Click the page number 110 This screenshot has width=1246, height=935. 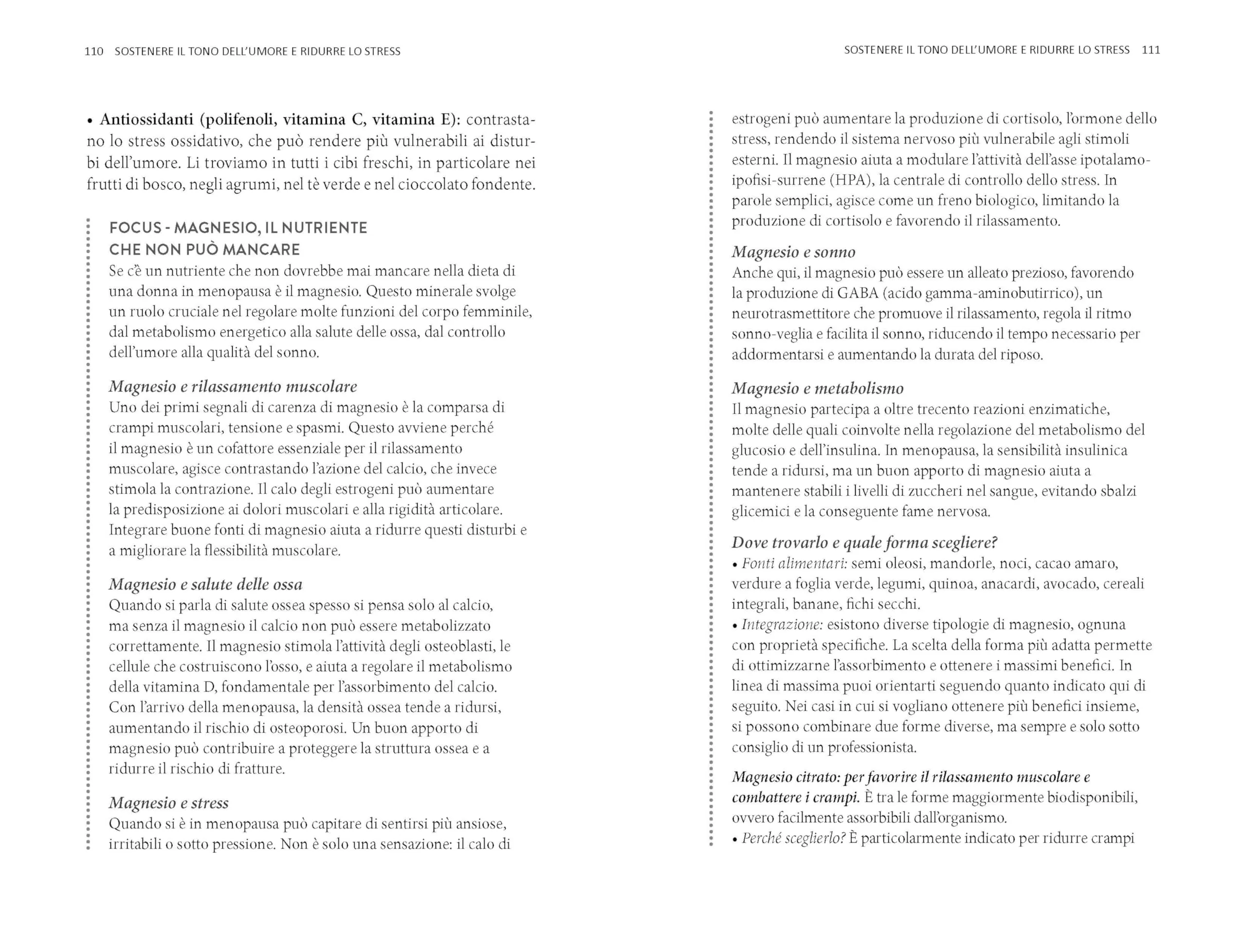point(93,51)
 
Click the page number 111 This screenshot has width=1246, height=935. point(1151,50)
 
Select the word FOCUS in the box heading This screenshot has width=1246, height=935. point(135,228)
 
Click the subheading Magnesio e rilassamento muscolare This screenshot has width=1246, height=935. point(233,387)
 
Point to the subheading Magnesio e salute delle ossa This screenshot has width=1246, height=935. point(205,584)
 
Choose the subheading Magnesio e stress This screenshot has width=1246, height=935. point(168,803)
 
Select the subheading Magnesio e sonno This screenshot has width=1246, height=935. point(793,252)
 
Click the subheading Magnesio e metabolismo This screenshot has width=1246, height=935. point(817,388)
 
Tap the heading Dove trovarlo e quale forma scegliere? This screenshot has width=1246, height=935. point(864,543)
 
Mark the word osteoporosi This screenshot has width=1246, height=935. point(307,728)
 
